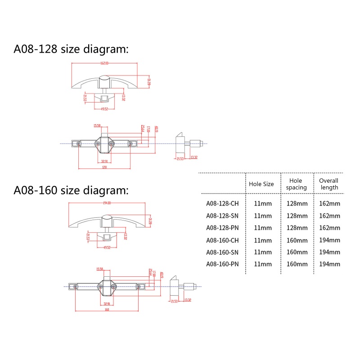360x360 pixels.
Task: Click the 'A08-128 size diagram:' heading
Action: (71, 49)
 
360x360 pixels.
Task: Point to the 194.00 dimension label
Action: (107, 203)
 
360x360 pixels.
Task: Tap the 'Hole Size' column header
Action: (261, 184)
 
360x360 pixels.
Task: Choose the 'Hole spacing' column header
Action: (297, 184)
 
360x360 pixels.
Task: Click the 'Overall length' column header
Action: (328, 184)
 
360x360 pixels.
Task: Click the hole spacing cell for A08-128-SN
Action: (297, 216)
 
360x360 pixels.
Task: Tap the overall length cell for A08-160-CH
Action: (329, 240)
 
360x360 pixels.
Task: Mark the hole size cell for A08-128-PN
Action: (263, 228)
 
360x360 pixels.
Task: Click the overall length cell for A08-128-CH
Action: (329, 203)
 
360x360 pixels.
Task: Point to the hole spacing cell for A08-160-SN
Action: (297, 252)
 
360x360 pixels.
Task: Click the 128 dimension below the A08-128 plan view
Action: (104, 167)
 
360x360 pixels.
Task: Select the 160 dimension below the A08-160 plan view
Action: (107, 309)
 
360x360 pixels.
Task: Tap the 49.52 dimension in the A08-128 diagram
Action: (104, 108)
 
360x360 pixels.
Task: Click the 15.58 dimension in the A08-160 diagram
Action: (99, 269)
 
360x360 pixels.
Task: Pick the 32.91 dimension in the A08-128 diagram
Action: (104, 161)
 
